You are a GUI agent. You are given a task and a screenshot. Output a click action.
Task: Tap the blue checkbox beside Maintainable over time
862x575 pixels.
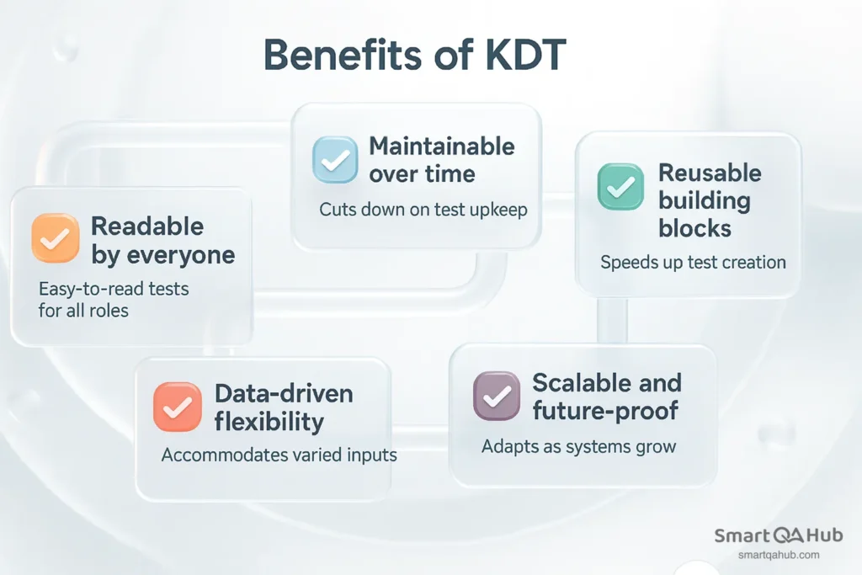coord(336,160)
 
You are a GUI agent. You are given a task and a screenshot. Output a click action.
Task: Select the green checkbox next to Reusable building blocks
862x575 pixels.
coord(620,187)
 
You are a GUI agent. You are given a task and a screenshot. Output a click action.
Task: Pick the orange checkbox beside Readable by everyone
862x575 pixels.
coord(55,239)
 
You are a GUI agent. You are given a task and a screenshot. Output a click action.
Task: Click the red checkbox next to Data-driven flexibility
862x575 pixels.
coord(178,407)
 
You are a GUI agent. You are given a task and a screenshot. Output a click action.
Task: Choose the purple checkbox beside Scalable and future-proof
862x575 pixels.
coord(498,396)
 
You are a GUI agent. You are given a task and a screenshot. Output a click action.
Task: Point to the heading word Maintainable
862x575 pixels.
coord(442,146)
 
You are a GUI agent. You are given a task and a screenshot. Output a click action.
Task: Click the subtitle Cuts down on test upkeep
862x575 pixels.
coord(423,210)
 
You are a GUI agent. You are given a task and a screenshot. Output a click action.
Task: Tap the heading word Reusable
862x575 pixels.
coord(709,173)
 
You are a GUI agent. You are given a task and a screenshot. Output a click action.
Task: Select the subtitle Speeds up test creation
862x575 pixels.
coord(693,263)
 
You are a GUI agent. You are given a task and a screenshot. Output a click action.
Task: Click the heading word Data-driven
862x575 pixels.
coord(284,393)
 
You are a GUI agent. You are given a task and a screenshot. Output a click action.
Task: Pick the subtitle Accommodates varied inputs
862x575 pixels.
coord(279,455)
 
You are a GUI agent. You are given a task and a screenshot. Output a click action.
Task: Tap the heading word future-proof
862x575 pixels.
coord(605,411)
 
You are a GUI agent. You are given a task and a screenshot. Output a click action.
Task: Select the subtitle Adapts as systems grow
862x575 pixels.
coord(578,446)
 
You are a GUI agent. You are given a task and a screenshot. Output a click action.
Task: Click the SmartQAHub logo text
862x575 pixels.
coord(778,536)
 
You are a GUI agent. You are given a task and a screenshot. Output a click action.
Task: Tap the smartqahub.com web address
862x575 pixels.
coord(778,555)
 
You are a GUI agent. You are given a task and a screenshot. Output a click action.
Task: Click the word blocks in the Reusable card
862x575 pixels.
coord(694,228)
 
